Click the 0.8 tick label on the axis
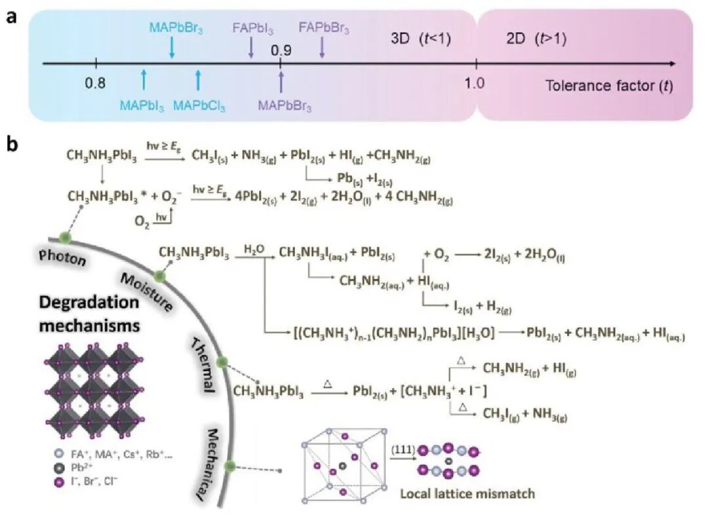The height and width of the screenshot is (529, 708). coord(95,83)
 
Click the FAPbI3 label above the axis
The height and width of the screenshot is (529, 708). coord(252,29)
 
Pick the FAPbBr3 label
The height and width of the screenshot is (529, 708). coord(324,29)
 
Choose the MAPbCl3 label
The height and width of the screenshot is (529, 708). coord(199,105)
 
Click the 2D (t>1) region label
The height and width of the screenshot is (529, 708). coord(536,39)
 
